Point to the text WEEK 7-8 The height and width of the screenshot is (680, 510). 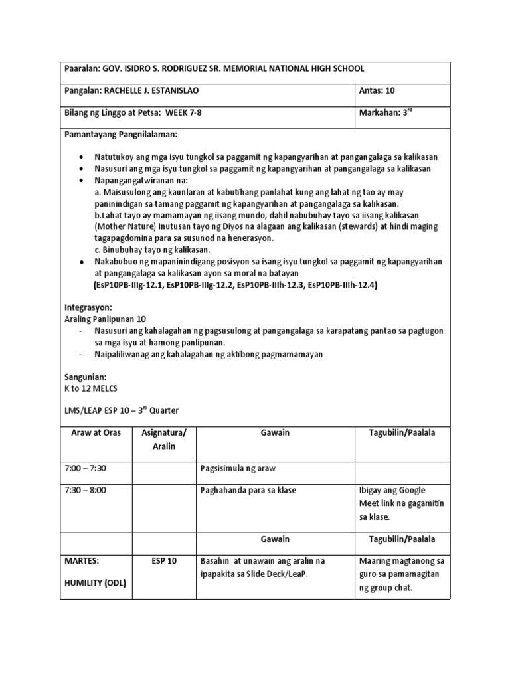pyautogui.click(x=183, y=113)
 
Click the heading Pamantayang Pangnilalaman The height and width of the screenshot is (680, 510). pyautogui.click(x=120, y=135)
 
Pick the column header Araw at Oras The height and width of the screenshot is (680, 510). pyautogui.click(x=96, y=433)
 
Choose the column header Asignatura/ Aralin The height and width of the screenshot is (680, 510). pyautogui.click(x=164, y=440)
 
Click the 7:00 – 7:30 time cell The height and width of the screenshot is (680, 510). pyautogui.click(x=86, y=469)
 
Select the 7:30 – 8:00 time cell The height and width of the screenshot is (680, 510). pyautogui.click(x=86, y=491)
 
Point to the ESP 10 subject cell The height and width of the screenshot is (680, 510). pyautogui.click(x=164, y=561)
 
